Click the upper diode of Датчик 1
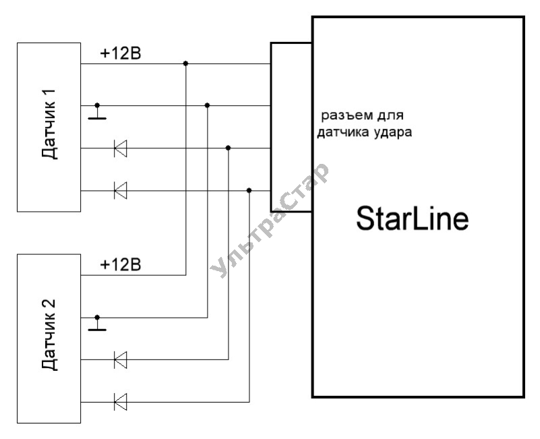pos(121,148)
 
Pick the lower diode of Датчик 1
pos(121,191)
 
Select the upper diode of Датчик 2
pos(121,360)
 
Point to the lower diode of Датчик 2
pos(121,403)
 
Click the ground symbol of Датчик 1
pos(97,112)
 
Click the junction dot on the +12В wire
pos(185,64)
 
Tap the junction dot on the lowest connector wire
pos(249,191)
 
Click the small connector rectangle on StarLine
pos(291,127)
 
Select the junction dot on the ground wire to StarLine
pos(207,105)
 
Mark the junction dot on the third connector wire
pos(229,148)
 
